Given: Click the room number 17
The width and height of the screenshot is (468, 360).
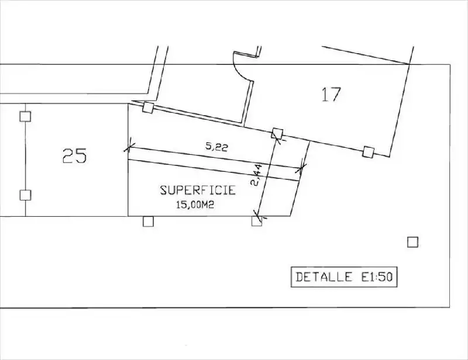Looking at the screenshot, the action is click(x=331, y=94).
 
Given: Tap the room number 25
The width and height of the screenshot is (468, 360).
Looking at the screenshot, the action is click(x=75, y=155).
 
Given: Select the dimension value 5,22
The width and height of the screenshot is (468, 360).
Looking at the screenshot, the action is click(x=216, y=147).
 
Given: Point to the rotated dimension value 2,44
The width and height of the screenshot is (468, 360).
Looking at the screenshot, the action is click(x=257, y=175).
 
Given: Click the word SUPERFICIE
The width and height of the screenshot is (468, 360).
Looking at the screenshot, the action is click(x=198, y=191).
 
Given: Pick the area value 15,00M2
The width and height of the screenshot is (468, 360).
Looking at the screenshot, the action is click(x=195, y=205).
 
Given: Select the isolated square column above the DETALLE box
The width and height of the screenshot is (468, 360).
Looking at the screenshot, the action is click(x=413, y=242).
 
